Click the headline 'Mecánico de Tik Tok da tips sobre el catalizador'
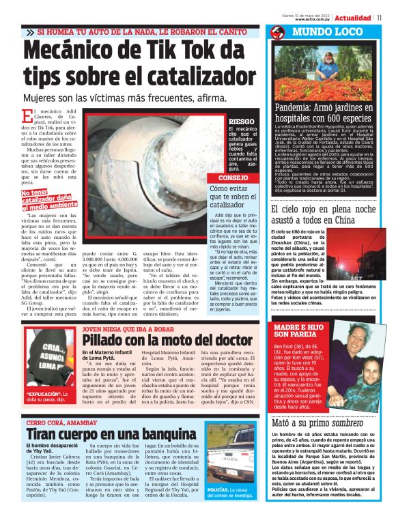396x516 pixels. coord(133,68)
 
